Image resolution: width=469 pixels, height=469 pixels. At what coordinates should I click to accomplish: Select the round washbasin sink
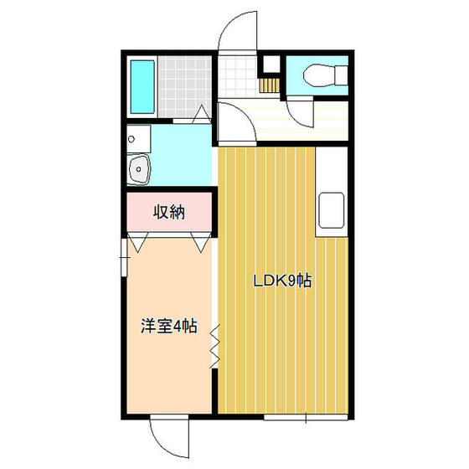pyautogui.click(x=139, y=169)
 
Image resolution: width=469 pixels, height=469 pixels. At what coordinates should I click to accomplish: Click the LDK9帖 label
pyautogui.click(x=283, y=281)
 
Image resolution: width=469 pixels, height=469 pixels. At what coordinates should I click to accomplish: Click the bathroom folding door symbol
pyautogui.click(x=202, y=115)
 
